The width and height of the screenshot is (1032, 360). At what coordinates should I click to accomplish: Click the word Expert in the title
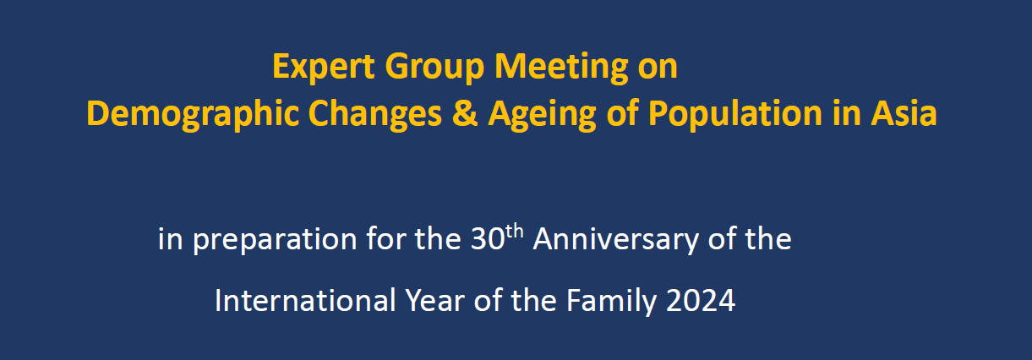[x=323, y=68]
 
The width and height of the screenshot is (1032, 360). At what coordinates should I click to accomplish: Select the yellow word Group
[x=434, y=68]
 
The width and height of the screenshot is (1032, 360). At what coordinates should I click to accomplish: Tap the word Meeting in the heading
[x=561, y=68]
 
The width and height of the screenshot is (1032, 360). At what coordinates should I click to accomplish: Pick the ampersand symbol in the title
[x=464, y=113]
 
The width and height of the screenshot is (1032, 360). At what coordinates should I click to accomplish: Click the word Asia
[x=904, y=113]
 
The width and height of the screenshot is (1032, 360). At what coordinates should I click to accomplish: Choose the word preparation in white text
[x=275, y=240]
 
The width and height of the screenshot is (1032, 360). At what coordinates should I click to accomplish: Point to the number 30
[x=488, y=239]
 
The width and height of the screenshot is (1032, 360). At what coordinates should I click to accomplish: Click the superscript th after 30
[x=514, y=231]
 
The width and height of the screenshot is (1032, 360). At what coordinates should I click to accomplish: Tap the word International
[x=305, y=301]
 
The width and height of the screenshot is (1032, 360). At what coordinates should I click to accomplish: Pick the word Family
[x=611, y=302]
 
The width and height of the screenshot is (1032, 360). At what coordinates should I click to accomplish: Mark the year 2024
[x=701, y=301]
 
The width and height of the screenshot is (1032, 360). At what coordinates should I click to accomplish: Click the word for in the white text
[x=385, y=238]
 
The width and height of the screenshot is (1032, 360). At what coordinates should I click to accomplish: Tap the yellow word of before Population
[x=622, y=112]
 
